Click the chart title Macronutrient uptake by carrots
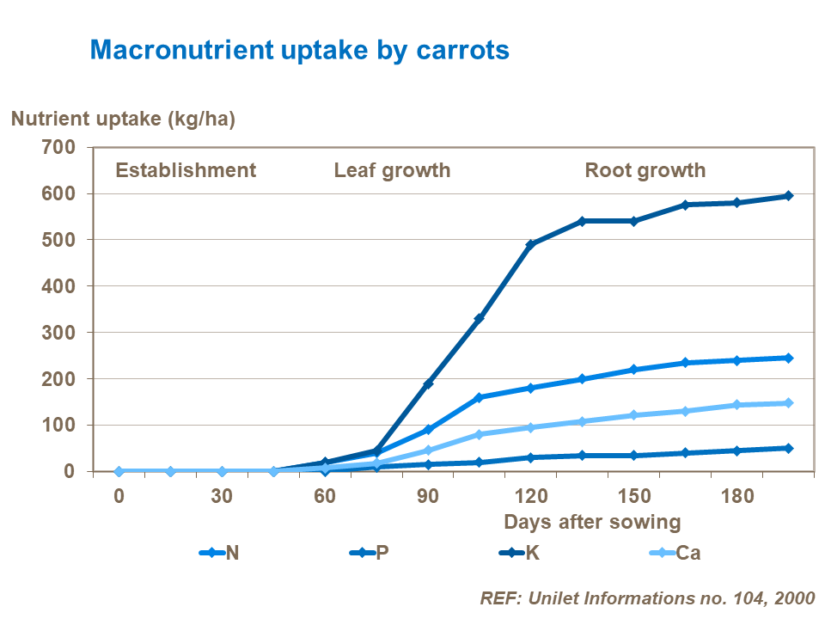(x=300, y=50)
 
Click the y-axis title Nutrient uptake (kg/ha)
(x=123, y=119)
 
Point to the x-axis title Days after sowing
(x=592, y=521)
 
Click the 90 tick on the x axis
(x=428, y=497)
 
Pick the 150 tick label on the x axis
(x=634, y=497)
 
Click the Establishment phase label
(x=186, y=170)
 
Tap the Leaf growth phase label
(x=392, y=170)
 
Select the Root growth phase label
(x=645, y=170)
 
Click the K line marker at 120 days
(x=531, y=245)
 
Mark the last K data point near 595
(x=788, y=196)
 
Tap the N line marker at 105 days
(x=480, y=397)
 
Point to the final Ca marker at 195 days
(x=788, y=402)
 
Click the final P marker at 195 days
(x=788, y=448)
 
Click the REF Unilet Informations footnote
(x=646, y=598)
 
